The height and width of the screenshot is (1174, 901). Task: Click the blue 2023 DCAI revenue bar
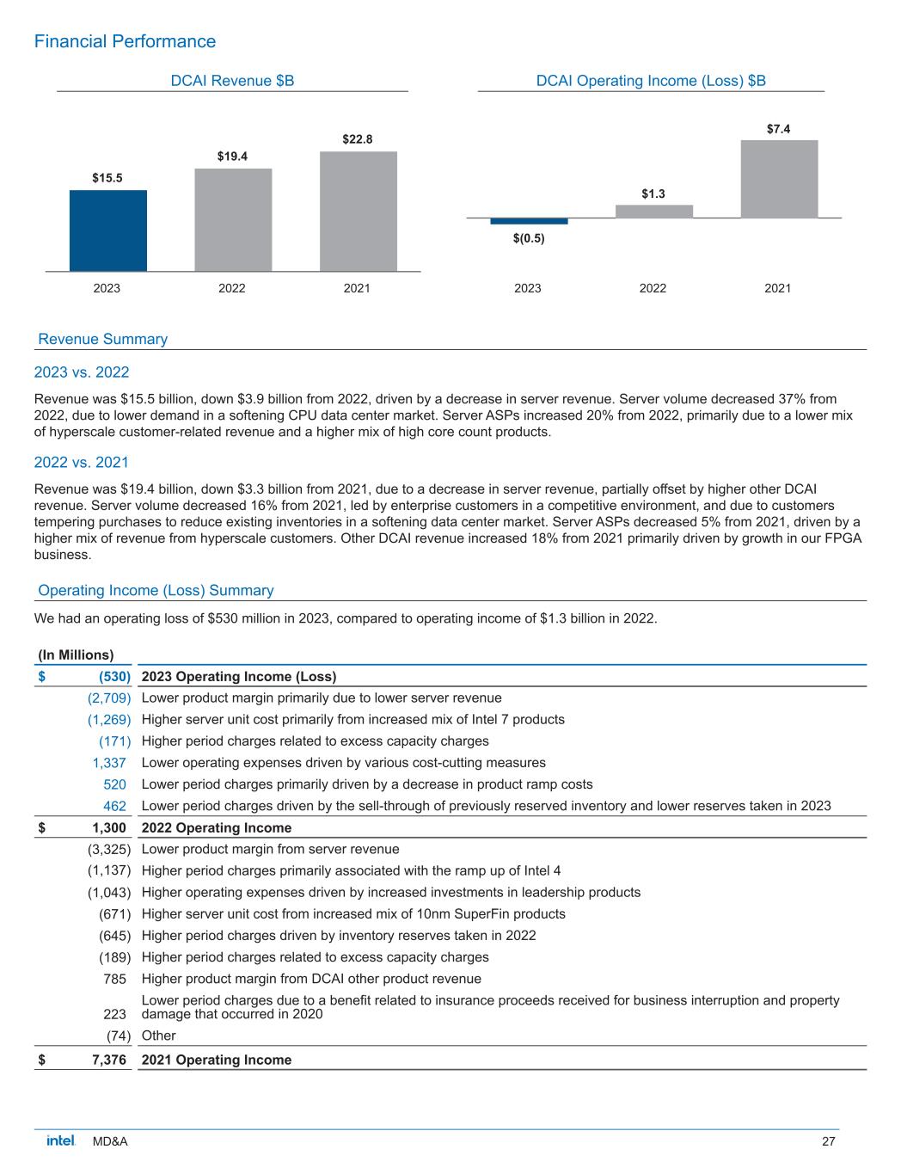pyautogui.click(x=107, y=230)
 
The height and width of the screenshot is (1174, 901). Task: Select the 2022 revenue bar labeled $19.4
pyautogui.click(x=233, y=219)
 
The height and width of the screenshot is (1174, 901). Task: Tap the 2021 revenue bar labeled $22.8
pyautogui.click(x=358, y=212)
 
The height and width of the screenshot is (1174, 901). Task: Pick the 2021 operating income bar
pyautogui.click(x=779, y=179)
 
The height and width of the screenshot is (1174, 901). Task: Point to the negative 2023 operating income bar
pyautogui.click(x=529, y=221)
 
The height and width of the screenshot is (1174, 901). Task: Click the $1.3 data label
pyautogui.click(x=653, y=194)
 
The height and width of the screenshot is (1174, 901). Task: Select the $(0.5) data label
pyautogui.click(x=529, y=238)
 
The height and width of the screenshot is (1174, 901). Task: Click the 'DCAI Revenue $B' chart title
pyautogui.click(x=232, y=81)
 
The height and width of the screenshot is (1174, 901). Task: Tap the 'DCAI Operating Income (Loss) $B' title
pyautogui.click(x=651, y=81)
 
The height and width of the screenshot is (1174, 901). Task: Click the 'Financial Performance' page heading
pyautogui.click(x=125, y=41)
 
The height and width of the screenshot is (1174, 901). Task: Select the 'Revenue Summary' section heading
pyautogui.click(x=103, y=339)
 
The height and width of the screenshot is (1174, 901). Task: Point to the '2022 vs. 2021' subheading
pyautogui.click(x=82, y=462)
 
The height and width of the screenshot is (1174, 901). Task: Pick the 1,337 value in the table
pyautogui.click(x=109, y=763)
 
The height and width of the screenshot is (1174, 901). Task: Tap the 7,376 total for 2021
pyautogui.click(x=109, y=1060)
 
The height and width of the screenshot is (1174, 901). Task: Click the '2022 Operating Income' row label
pyautogui.click(x=216, y=828)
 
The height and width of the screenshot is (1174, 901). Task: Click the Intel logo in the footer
pyautogui.click(x=60, y=1140)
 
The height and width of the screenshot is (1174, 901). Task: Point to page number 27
pyautogui.click(x=829, y=1141)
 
